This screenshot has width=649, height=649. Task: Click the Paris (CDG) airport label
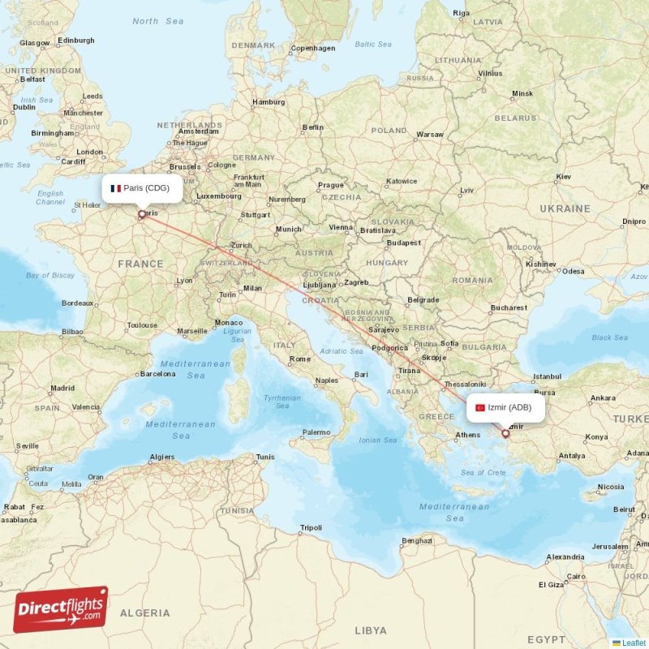tap(142, 188)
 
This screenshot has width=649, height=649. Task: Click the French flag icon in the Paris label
tap(116, 188)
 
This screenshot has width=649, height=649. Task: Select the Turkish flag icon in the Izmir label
tap(479, 407)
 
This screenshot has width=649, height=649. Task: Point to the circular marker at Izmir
tap(505, 433)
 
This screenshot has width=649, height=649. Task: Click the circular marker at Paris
tap(142, 215)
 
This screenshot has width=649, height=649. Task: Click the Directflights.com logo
tap(61, 609)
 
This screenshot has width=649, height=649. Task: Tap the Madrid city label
tap(62, 389)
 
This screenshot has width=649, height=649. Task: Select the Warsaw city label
tap(429, 134)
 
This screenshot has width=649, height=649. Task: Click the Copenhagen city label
tap(313, 48)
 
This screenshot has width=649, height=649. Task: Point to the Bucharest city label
tap(508, 307)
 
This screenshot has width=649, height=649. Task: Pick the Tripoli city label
tap(310, 527)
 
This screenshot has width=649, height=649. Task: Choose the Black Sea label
tap(609, 337)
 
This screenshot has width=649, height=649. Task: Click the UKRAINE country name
tap(565, 208)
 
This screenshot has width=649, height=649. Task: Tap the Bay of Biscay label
tap(49, 275)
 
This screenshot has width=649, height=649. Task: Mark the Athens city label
tap(467, 435)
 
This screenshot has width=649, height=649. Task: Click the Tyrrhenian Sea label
tap(282, 402)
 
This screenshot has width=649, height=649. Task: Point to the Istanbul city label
tap(546, 376)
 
